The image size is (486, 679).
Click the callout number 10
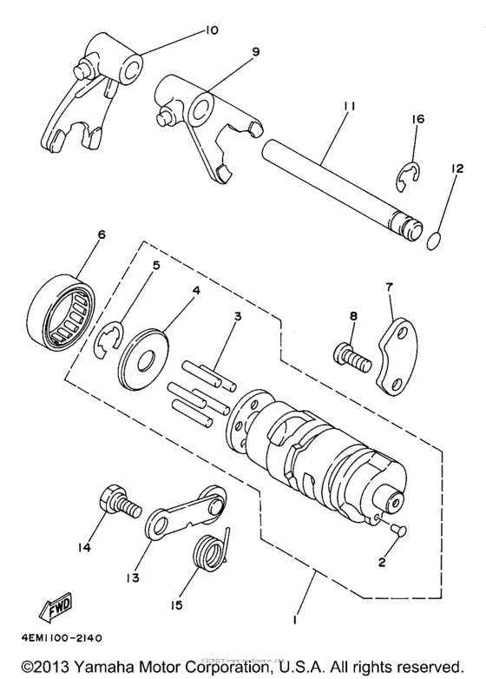coord(212,30)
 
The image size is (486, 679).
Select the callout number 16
coord(417,118)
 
